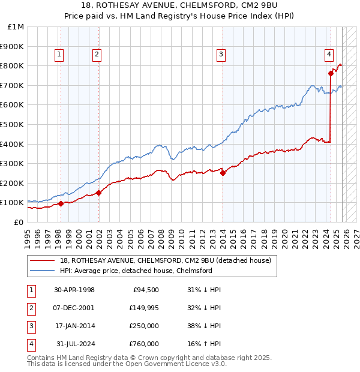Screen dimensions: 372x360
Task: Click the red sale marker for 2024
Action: pos(331,74)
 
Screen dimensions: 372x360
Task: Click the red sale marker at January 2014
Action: pos(223,173)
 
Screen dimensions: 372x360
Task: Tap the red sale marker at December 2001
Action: pos(99,193)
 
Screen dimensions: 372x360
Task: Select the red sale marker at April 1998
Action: pos(61,203)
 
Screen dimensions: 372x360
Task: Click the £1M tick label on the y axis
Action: pos(16,27)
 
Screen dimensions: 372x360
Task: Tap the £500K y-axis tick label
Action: pos(13,125)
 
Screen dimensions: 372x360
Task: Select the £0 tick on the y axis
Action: pos(19,222)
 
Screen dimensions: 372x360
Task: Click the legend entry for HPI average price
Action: pos(136,271)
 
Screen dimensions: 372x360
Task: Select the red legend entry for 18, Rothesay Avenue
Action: pos(166,260)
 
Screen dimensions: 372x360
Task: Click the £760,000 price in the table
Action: pos(144,344)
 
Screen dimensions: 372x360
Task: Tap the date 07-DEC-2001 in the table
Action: pos(74,308)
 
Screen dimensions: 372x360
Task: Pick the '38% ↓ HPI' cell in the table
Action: pos(204,326)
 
